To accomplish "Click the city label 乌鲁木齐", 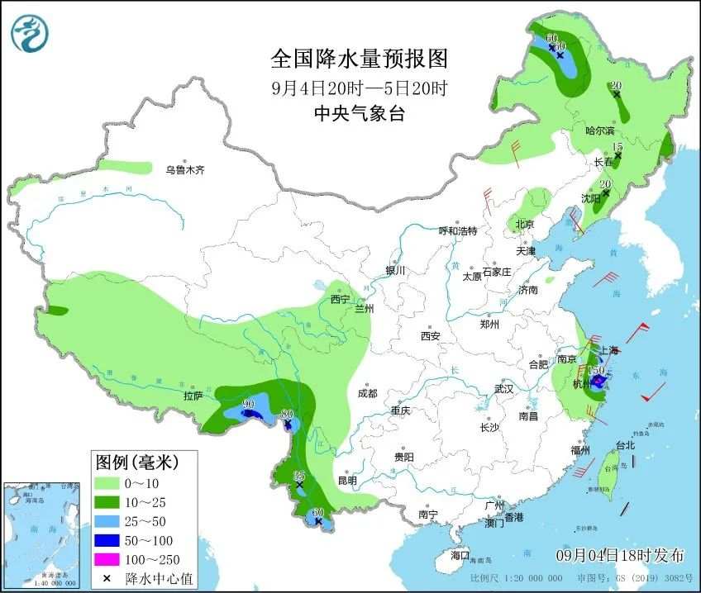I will tap(184, 170).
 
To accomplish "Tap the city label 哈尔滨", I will tap(600, 130).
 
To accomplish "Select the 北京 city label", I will tap(525, 225).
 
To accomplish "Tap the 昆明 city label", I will tap(347, 481).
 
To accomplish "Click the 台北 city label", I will tap(626, 445).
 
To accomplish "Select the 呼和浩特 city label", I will tap(457, 231).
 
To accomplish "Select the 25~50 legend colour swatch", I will tap(107, 519).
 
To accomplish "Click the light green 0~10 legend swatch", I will tap(107, 481).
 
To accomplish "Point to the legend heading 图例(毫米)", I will tap(136, 460).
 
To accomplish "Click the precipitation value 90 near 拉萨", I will tap(248, 404).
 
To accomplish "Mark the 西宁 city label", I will tap(340, 299).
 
